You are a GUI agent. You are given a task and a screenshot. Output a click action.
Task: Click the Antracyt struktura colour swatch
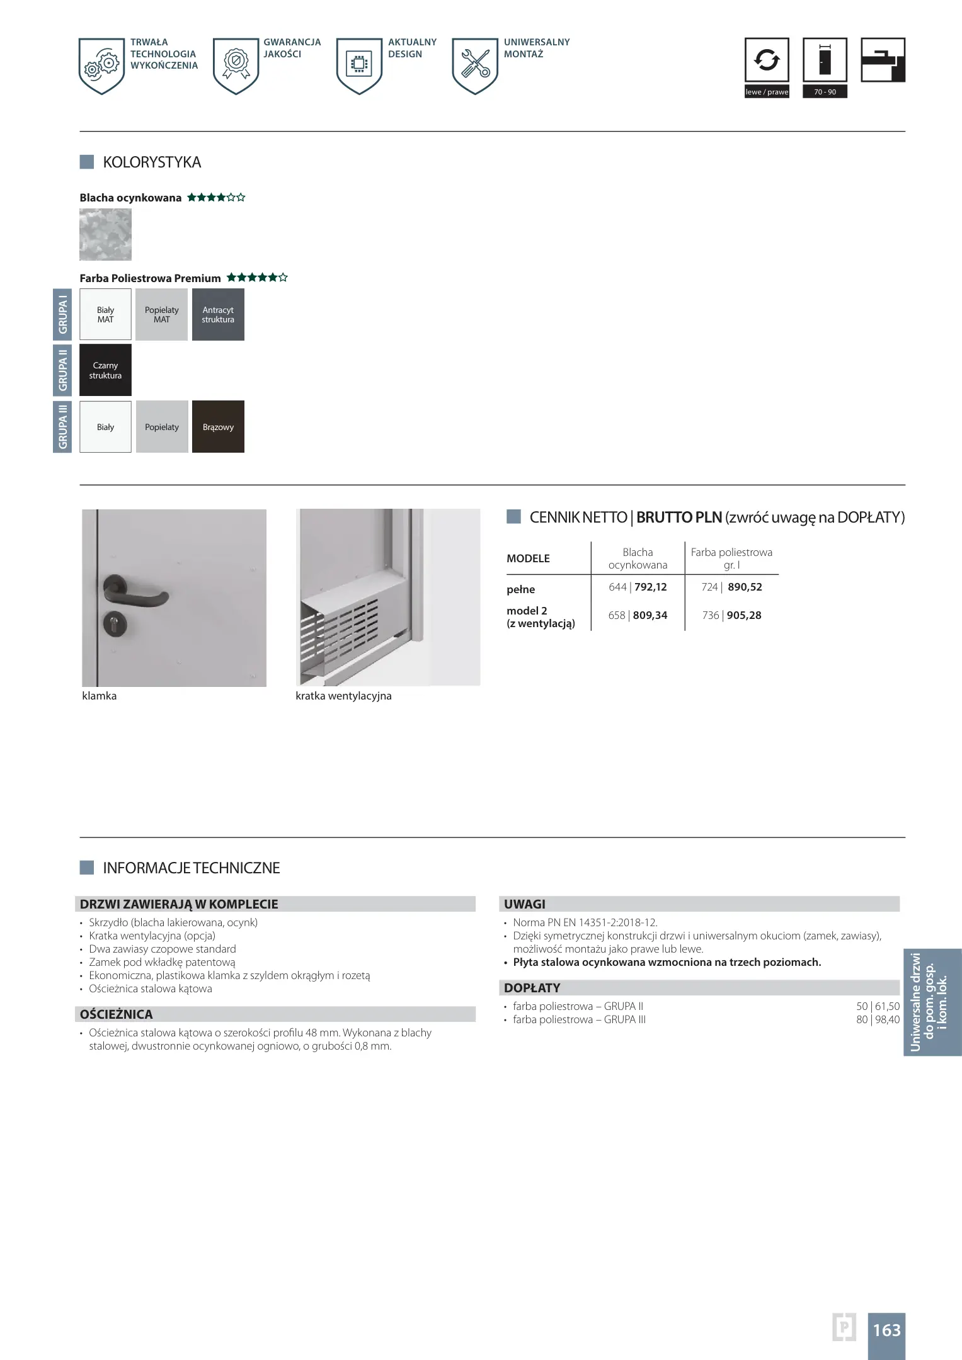click(x=218, y=315)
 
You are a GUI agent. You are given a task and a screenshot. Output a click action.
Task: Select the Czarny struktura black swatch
click(x=105, y=370)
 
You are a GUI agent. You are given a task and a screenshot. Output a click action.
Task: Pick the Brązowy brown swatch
click(x=218, y=427)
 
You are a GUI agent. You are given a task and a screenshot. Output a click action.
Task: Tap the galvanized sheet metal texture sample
click(x=105, y=235)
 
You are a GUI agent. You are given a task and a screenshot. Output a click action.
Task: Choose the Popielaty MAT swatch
click(x=161, y=315)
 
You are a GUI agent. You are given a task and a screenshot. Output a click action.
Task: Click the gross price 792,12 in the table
click(x=651, y=587)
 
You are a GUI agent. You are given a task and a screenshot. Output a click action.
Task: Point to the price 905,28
click(x=744, y=615)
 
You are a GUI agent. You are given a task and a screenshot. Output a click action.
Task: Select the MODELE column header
click(x=528, y=558)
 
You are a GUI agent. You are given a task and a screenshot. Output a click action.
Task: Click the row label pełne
click(x=520, y=589)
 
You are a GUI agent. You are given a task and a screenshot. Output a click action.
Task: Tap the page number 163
click(x=886, y=1330)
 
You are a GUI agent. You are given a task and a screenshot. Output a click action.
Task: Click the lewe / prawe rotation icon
click(x=766, y=60)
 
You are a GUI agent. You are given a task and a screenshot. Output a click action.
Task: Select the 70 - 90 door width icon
click(x=825, y=60)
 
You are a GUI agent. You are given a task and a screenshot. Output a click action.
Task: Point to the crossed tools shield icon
click(x=475, y=64)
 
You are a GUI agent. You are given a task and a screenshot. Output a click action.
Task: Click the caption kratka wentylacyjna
click(x=343, y=696)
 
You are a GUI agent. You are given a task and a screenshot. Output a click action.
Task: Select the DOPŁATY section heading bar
click(x=698, y=987)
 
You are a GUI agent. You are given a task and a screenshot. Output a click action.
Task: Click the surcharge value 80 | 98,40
click(x=878, y=1019)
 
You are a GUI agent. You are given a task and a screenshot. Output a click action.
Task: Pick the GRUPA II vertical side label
click(x=62, y=370)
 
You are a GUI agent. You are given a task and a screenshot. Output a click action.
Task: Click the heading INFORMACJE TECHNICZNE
click(x=191, y=868)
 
